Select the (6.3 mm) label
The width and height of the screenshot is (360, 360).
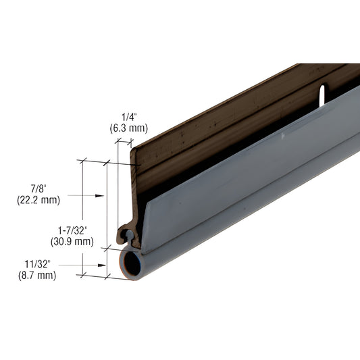[x=128, y=128]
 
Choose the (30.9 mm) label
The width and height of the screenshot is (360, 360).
[x=71, y=241]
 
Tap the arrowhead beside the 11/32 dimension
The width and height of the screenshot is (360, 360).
[x=101, y=265]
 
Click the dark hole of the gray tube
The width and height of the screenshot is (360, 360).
[x=132, y=264]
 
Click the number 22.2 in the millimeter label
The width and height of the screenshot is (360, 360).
[x=34, y=199]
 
